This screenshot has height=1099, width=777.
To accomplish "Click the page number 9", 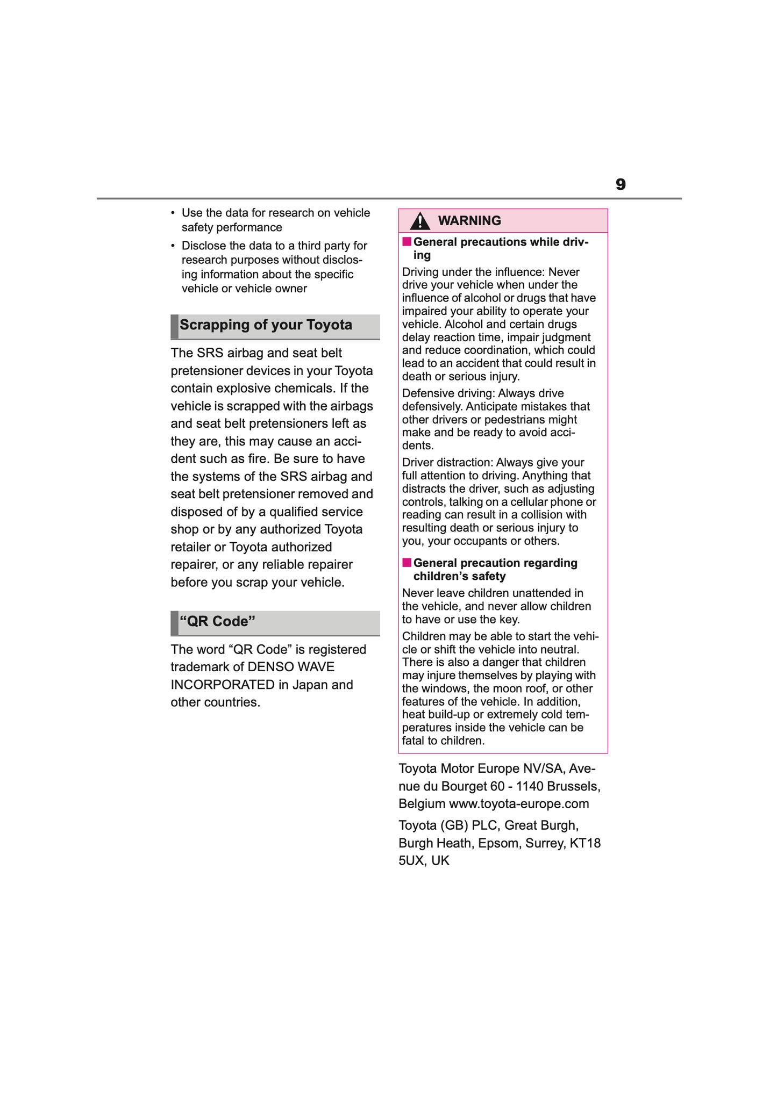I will point(621,185).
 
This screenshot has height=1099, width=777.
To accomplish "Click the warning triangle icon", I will point(419,221).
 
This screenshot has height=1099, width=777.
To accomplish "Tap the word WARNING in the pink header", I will point(469,221).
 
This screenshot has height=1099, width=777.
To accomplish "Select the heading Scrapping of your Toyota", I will point(266,325).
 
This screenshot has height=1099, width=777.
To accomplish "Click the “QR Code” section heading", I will point(217,622).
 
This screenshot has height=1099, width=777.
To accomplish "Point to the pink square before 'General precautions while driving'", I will point(407,242).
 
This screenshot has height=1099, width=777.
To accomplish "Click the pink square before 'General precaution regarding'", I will point(407,563).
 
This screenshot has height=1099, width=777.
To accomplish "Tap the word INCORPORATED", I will point(223,685).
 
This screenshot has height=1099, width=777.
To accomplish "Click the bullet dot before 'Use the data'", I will point(173,213).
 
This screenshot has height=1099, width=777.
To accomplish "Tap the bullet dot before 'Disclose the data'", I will point(173,246).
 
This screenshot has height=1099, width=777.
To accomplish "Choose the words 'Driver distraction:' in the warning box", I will point(447,462).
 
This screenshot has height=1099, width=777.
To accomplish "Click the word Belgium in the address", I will point(422,804).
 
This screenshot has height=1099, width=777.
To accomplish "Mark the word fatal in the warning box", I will point(413,741).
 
